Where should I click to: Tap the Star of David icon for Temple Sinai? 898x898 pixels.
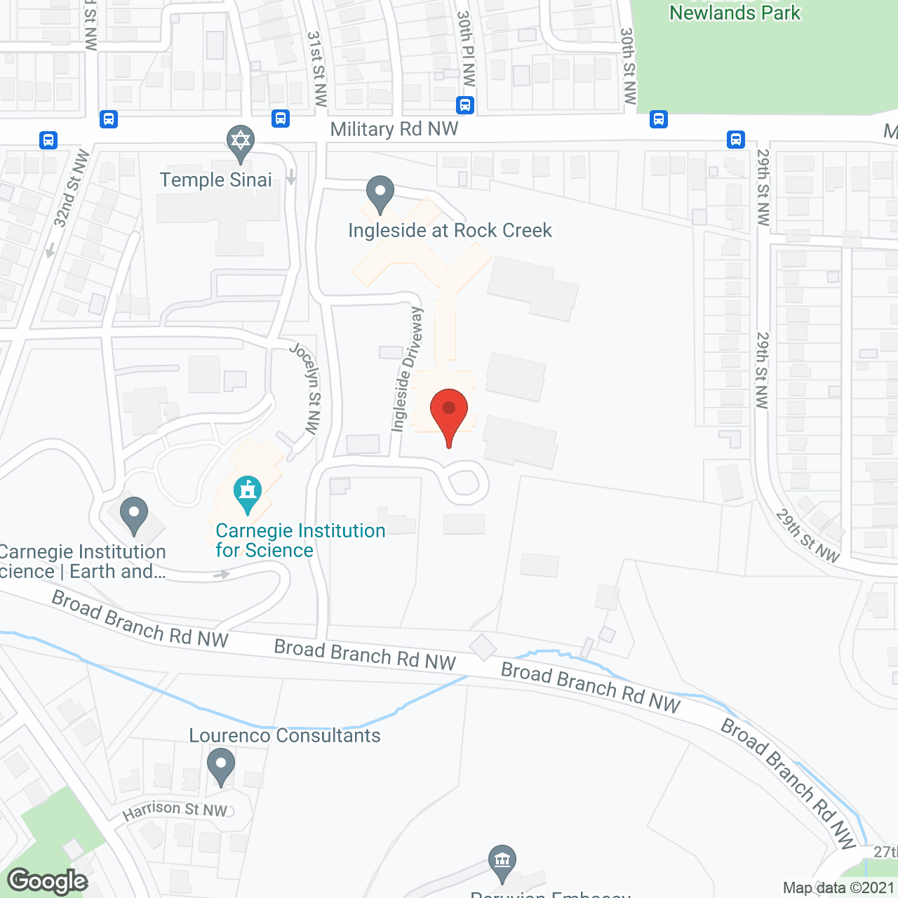click(241, 141)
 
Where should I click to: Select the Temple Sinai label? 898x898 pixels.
click(215, 180)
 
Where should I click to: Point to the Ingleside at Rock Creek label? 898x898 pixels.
click(450, 230)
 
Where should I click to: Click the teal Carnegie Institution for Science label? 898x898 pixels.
click(300, 540)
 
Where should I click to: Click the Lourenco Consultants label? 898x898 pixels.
click(285, 735)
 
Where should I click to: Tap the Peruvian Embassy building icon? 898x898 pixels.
click(502, 861)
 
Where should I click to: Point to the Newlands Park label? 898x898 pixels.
click(735, 13)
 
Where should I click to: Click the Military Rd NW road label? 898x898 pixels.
click(394, 129)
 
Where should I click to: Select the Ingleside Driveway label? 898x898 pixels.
click(408, 369)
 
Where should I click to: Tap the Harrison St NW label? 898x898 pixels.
click(175, 810)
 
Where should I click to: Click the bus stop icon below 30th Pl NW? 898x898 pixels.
click(465, 105)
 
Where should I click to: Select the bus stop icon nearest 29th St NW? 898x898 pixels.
click(736, 139)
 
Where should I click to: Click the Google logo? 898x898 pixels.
click(48, 881)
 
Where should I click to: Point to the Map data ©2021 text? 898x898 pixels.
click(839, 888)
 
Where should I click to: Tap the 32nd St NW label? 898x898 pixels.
click(72, 189)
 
